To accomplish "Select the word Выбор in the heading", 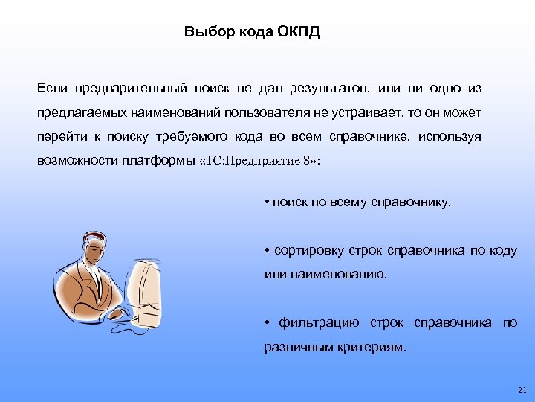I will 203,33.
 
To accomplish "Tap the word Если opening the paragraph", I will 53,89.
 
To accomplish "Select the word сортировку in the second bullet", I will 305,250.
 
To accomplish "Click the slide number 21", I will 520,390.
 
